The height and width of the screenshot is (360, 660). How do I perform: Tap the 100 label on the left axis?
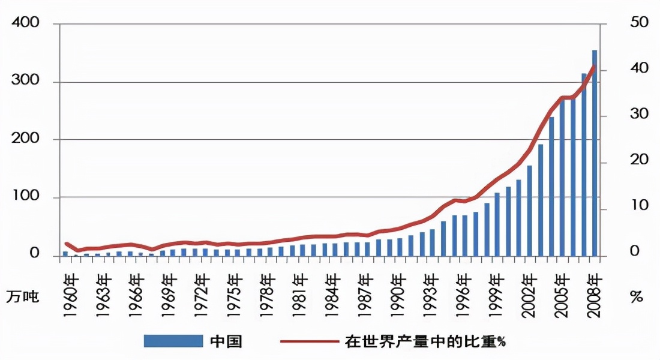click(x=27, y=197)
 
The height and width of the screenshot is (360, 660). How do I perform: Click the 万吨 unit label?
click(x=23, y=296)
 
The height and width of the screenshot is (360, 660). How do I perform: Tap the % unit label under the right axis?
click(x=637, y=297)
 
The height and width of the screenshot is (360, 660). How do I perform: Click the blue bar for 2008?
click(x=594, y=153)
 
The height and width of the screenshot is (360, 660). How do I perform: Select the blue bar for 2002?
click(x=529, y=211)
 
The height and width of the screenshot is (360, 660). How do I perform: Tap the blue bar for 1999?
click(x=497, y=224)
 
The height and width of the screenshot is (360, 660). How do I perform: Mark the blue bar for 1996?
click(x=464, y=235)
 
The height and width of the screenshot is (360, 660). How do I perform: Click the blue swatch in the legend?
click(x=173, y=341)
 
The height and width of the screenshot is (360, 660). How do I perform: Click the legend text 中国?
click(x=226, y=341)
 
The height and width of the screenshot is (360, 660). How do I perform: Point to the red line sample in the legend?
click(x=309, y=341)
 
